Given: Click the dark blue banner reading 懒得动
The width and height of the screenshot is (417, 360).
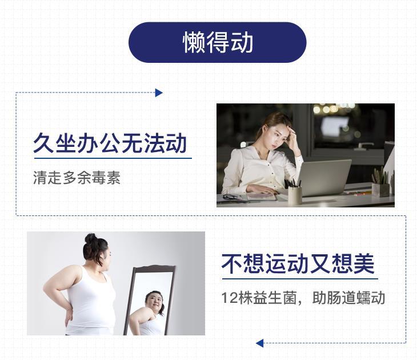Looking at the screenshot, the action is pos(217,42).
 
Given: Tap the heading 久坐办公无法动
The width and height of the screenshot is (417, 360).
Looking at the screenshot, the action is pos(110,143).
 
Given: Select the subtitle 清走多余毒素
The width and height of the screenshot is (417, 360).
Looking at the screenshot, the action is pos(77,178).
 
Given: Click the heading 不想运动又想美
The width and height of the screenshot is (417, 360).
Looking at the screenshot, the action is pos(298,263).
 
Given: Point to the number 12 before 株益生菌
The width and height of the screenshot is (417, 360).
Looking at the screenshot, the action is pos(229,298).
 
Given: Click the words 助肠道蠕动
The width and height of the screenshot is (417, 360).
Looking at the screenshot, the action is pos(348,298).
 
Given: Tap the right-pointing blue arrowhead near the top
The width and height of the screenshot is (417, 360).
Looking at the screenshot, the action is pos(159,93).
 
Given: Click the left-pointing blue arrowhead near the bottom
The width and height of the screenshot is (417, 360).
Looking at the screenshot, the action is pos(259,343).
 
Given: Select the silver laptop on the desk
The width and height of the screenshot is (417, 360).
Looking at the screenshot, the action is pos(323,178).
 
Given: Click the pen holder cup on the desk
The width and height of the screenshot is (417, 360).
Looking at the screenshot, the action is pos(295,195).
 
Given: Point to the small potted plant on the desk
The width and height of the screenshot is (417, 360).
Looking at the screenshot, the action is pos(380,182).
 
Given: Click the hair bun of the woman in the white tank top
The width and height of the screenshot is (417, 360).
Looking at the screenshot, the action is pos(91,238).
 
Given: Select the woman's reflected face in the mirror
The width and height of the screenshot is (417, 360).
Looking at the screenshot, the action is pos(154,301).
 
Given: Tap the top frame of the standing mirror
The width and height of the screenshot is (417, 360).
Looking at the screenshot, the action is pos(154,268).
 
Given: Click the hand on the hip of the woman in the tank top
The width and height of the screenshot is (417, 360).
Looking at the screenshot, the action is pos(69,316).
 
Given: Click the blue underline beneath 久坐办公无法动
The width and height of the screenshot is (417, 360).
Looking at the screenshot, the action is pos(113,158).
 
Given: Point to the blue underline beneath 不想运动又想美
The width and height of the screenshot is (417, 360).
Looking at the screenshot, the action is pos(300,279).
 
